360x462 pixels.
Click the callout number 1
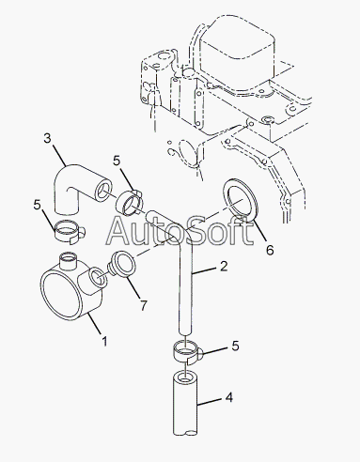[104, 341]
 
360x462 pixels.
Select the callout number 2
[224, 266]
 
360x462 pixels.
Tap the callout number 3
[47, 138]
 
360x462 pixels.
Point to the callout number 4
[229, 397]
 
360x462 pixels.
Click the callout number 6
[270, 250]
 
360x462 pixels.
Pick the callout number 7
[143, 305]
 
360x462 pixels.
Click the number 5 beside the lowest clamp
[235, 346]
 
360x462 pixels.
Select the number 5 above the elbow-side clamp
[117, 161]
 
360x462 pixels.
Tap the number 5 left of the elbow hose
[38, 205]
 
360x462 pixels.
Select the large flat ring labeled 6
[240, 198]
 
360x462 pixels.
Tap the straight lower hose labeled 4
[185, 403]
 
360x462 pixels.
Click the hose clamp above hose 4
[187, 352]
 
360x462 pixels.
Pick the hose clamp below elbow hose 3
[70, 234]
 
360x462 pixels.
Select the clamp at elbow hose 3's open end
[129, 203]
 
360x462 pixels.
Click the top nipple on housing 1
[69, 261]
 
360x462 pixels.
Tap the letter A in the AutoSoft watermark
[120, 230]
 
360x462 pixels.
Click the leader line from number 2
[204, 270]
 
